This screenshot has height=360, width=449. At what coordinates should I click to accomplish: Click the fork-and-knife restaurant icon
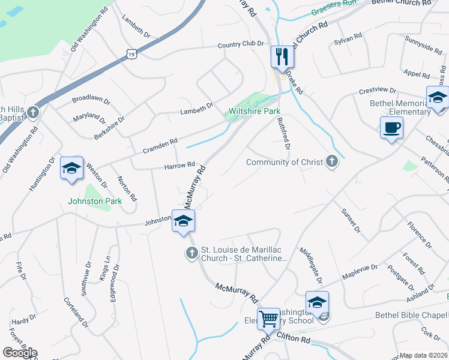[x=282, y=57]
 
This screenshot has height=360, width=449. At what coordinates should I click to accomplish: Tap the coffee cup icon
[x=391, y=128]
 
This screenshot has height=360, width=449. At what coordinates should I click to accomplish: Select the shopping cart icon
[x=268, y=319]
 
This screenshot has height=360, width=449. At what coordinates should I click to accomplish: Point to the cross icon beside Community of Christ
[x=331, y=161]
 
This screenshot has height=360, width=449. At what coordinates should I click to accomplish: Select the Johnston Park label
[x=95, y=201]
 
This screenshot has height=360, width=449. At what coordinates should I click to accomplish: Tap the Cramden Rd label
[x=160, y=145]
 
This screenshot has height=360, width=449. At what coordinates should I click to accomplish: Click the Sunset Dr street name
[x=350, y=221]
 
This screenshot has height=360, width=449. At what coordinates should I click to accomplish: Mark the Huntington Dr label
[x=41, y=174]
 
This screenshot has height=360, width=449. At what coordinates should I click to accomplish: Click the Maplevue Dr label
[x=360, y=272]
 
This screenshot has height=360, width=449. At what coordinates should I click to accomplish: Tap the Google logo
[x=20, y=353]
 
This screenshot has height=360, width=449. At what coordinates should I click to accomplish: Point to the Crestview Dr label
[x=378, y=91]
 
